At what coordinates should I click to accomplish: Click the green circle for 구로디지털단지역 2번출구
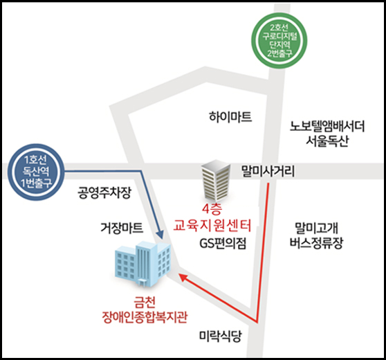[279, 40]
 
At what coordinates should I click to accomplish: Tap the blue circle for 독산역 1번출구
[36, 172]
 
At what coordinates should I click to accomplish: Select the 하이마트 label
[230, 117]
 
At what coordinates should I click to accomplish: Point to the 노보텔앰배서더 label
[327, 126]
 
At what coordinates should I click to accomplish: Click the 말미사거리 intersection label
[268, 171]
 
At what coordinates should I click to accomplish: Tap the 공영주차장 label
[104, 192]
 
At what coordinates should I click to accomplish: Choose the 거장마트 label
[122, 228]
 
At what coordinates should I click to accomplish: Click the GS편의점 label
[223, 244]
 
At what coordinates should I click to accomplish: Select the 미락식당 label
[221, 336]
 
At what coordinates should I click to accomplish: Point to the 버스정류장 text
[316, 243]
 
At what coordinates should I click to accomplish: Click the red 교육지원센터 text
[212, 225]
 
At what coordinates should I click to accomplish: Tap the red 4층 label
[212, 210]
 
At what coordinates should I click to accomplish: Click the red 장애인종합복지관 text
[145, 317]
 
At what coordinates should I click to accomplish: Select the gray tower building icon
[216, 181]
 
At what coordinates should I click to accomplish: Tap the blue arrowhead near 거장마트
[160, 234]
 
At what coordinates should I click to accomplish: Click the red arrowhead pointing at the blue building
[183, 276]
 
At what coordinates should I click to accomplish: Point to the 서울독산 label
[327, 141]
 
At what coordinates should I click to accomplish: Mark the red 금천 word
[145, 302]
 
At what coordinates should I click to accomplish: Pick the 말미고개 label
[316, 228]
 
